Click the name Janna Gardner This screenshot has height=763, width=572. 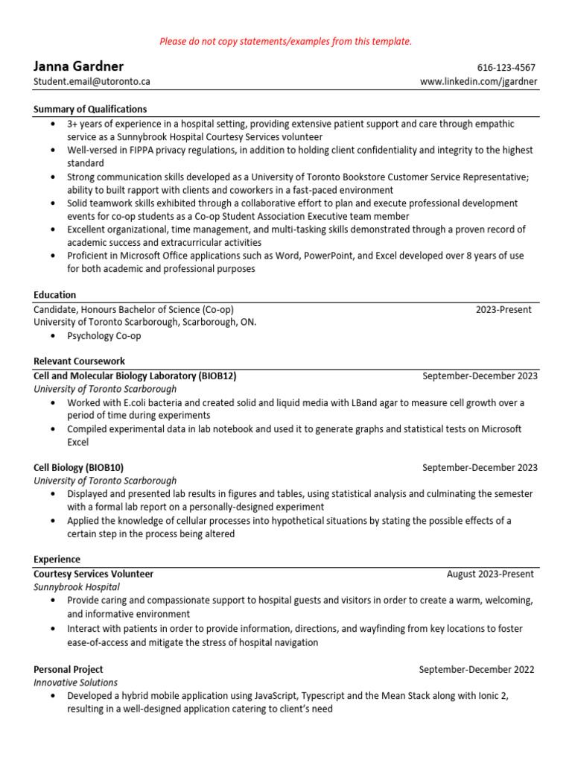[78, 66]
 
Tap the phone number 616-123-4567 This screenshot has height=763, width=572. [506, 68]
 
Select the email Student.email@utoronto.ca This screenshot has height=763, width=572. [92, 81]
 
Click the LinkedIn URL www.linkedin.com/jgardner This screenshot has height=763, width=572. [478, 81]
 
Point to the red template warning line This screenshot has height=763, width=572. [285, 41]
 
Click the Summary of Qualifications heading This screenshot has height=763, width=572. [90, 109]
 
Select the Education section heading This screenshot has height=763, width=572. [54, 294]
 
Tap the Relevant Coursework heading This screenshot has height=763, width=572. [79, 361]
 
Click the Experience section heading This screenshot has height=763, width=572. [57, 559]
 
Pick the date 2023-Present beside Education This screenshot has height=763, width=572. [503, 309]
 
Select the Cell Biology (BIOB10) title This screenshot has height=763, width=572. [78, 467]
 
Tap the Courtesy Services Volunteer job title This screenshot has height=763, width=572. [93, 574]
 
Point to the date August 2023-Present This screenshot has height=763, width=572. [490, 574]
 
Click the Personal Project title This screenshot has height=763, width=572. [69, 669]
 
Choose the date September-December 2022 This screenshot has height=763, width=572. [476, 669]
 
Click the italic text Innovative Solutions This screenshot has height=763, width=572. [75, 683]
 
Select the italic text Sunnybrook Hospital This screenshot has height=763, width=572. [77, 587]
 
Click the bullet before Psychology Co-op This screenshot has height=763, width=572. [52, 336]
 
